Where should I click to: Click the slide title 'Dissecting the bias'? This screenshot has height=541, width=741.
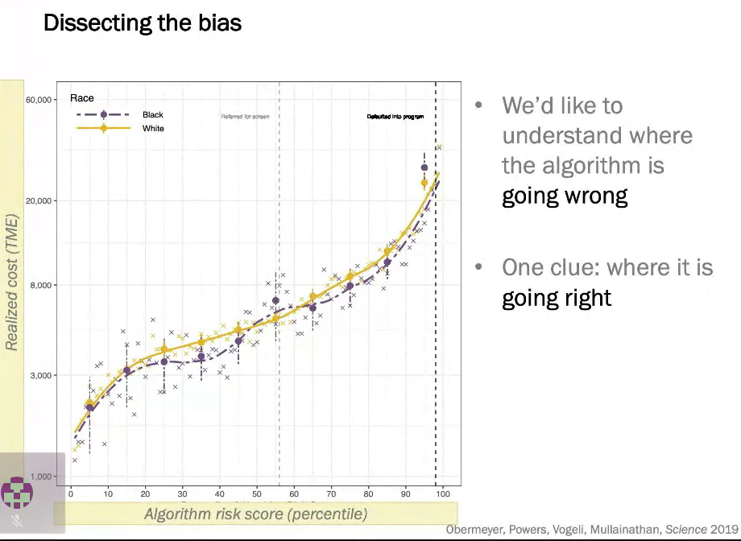142,22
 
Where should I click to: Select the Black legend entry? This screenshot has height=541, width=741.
152,115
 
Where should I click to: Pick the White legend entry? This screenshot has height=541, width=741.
153,128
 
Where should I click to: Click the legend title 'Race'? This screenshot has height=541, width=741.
82,98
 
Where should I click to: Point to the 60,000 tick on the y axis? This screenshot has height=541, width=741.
39,100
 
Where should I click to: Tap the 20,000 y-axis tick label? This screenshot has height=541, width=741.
39,200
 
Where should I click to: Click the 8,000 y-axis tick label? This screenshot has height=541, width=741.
42,285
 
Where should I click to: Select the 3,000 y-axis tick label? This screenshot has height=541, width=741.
42,375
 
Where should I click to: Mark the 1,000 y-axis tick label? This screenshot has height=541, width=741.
42,477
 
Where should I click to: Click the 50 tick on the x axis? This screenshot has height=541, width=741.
257,494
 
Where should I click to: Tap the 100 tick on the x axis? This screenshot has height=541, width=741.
443,494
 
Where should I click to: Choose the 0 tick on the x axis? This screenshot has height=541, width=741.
71,494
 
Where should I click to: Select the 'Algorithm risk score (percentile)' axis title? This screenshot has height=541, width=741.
255,514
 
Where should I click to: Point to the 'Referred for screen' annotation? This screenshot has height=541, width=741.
245,117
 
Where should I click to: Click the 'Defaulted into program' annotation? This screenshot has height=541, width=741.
395,117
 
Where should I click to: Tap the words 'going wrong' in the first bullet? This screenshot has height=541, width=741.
564,196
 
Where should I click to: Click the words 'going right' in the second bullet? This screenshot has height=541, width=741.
557,298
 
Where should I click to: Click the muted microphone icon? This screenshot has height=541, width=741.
17,521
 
